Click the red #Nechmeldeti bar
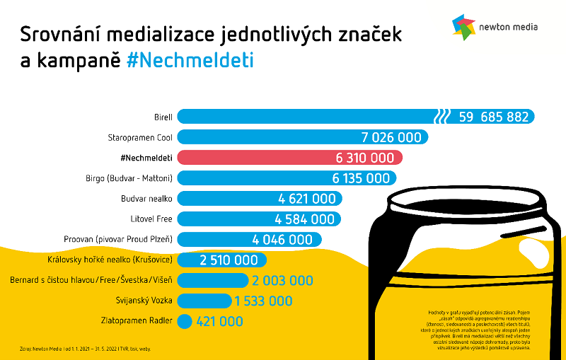click(290, 157)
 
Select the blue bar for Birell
click(304, 117)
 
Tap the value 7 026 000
click(391, 137)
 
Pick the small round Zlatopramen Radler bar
click(184, 322)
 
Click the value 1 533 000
click(263, 301)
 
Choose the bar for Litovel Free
click(259, 219)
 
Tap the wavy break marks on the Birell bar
click(442, 117)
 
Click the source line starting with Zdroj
click(85, 349)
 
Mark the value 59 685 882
click(494, 117)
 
